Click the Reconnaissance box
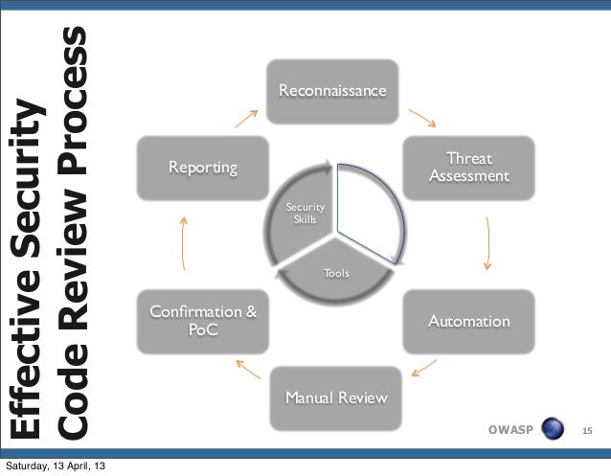[x=332, y=91]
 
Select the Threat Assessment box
[x=469, y=168]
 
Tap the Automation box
[x=468, y=321]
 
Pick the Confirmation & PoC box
[x=202, y=321]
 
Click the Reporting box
[x=202, y=168]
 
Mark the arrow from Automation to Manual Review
[x=423, y=368]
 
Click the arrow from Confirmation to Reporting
[x=184, y=244]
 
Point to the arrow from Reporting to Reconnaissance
[x=246, y=120]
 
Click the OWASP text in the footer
[x=509, y=429]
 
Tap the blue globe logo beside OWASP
[x=553, y=428]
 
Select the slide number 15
[x=589, y=430]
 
